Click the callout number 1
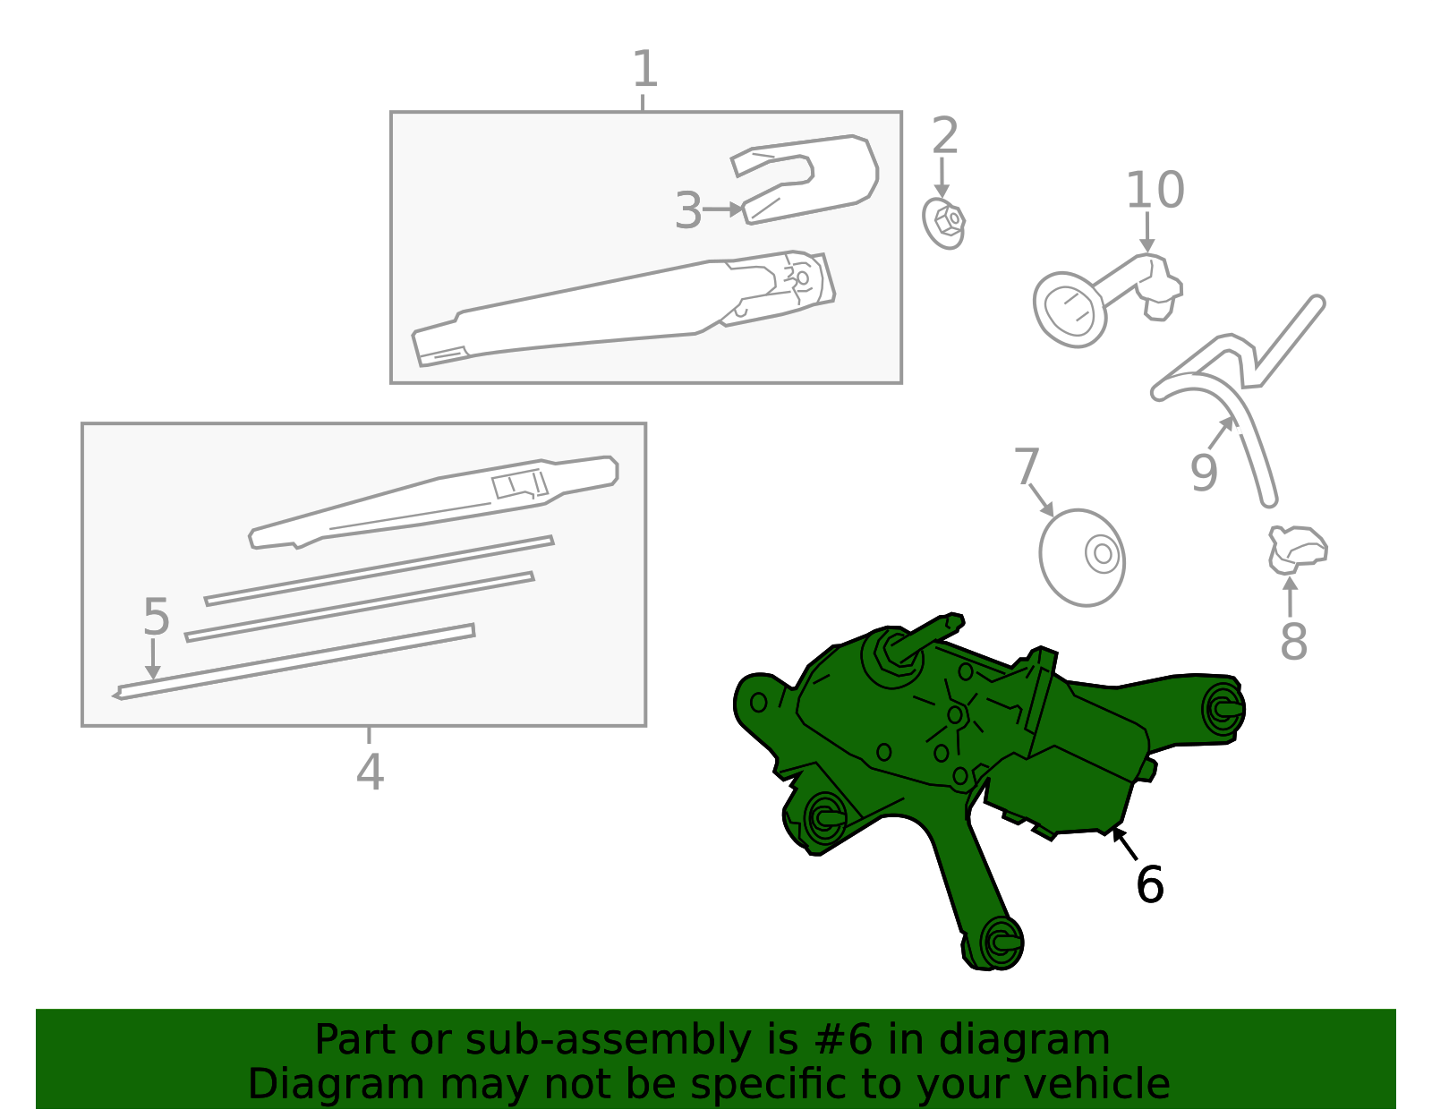tap(644, 69)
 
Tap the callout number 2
tap(944, 136)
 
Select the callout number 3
tap(688, 211)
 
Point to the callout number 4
tap(370, 772)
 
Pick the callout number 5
tap(157, 618)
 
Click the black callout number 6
tap(1150, 884)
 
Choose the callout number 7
tap(1027, 466)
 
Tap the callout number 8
tap(1293, 641)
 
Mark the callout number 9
tap(1204, 473)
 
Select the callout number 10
tap(1155, 190)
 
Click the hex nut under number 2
tap(944, 224)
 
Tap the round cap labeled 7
tap(1082, 558)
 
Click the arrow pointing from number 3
tap(723, 209)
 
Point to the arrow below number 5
tap(153, 659)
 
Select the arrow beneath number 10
tap(1147, 232)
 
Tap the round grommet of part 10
tap(1069, 310)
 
